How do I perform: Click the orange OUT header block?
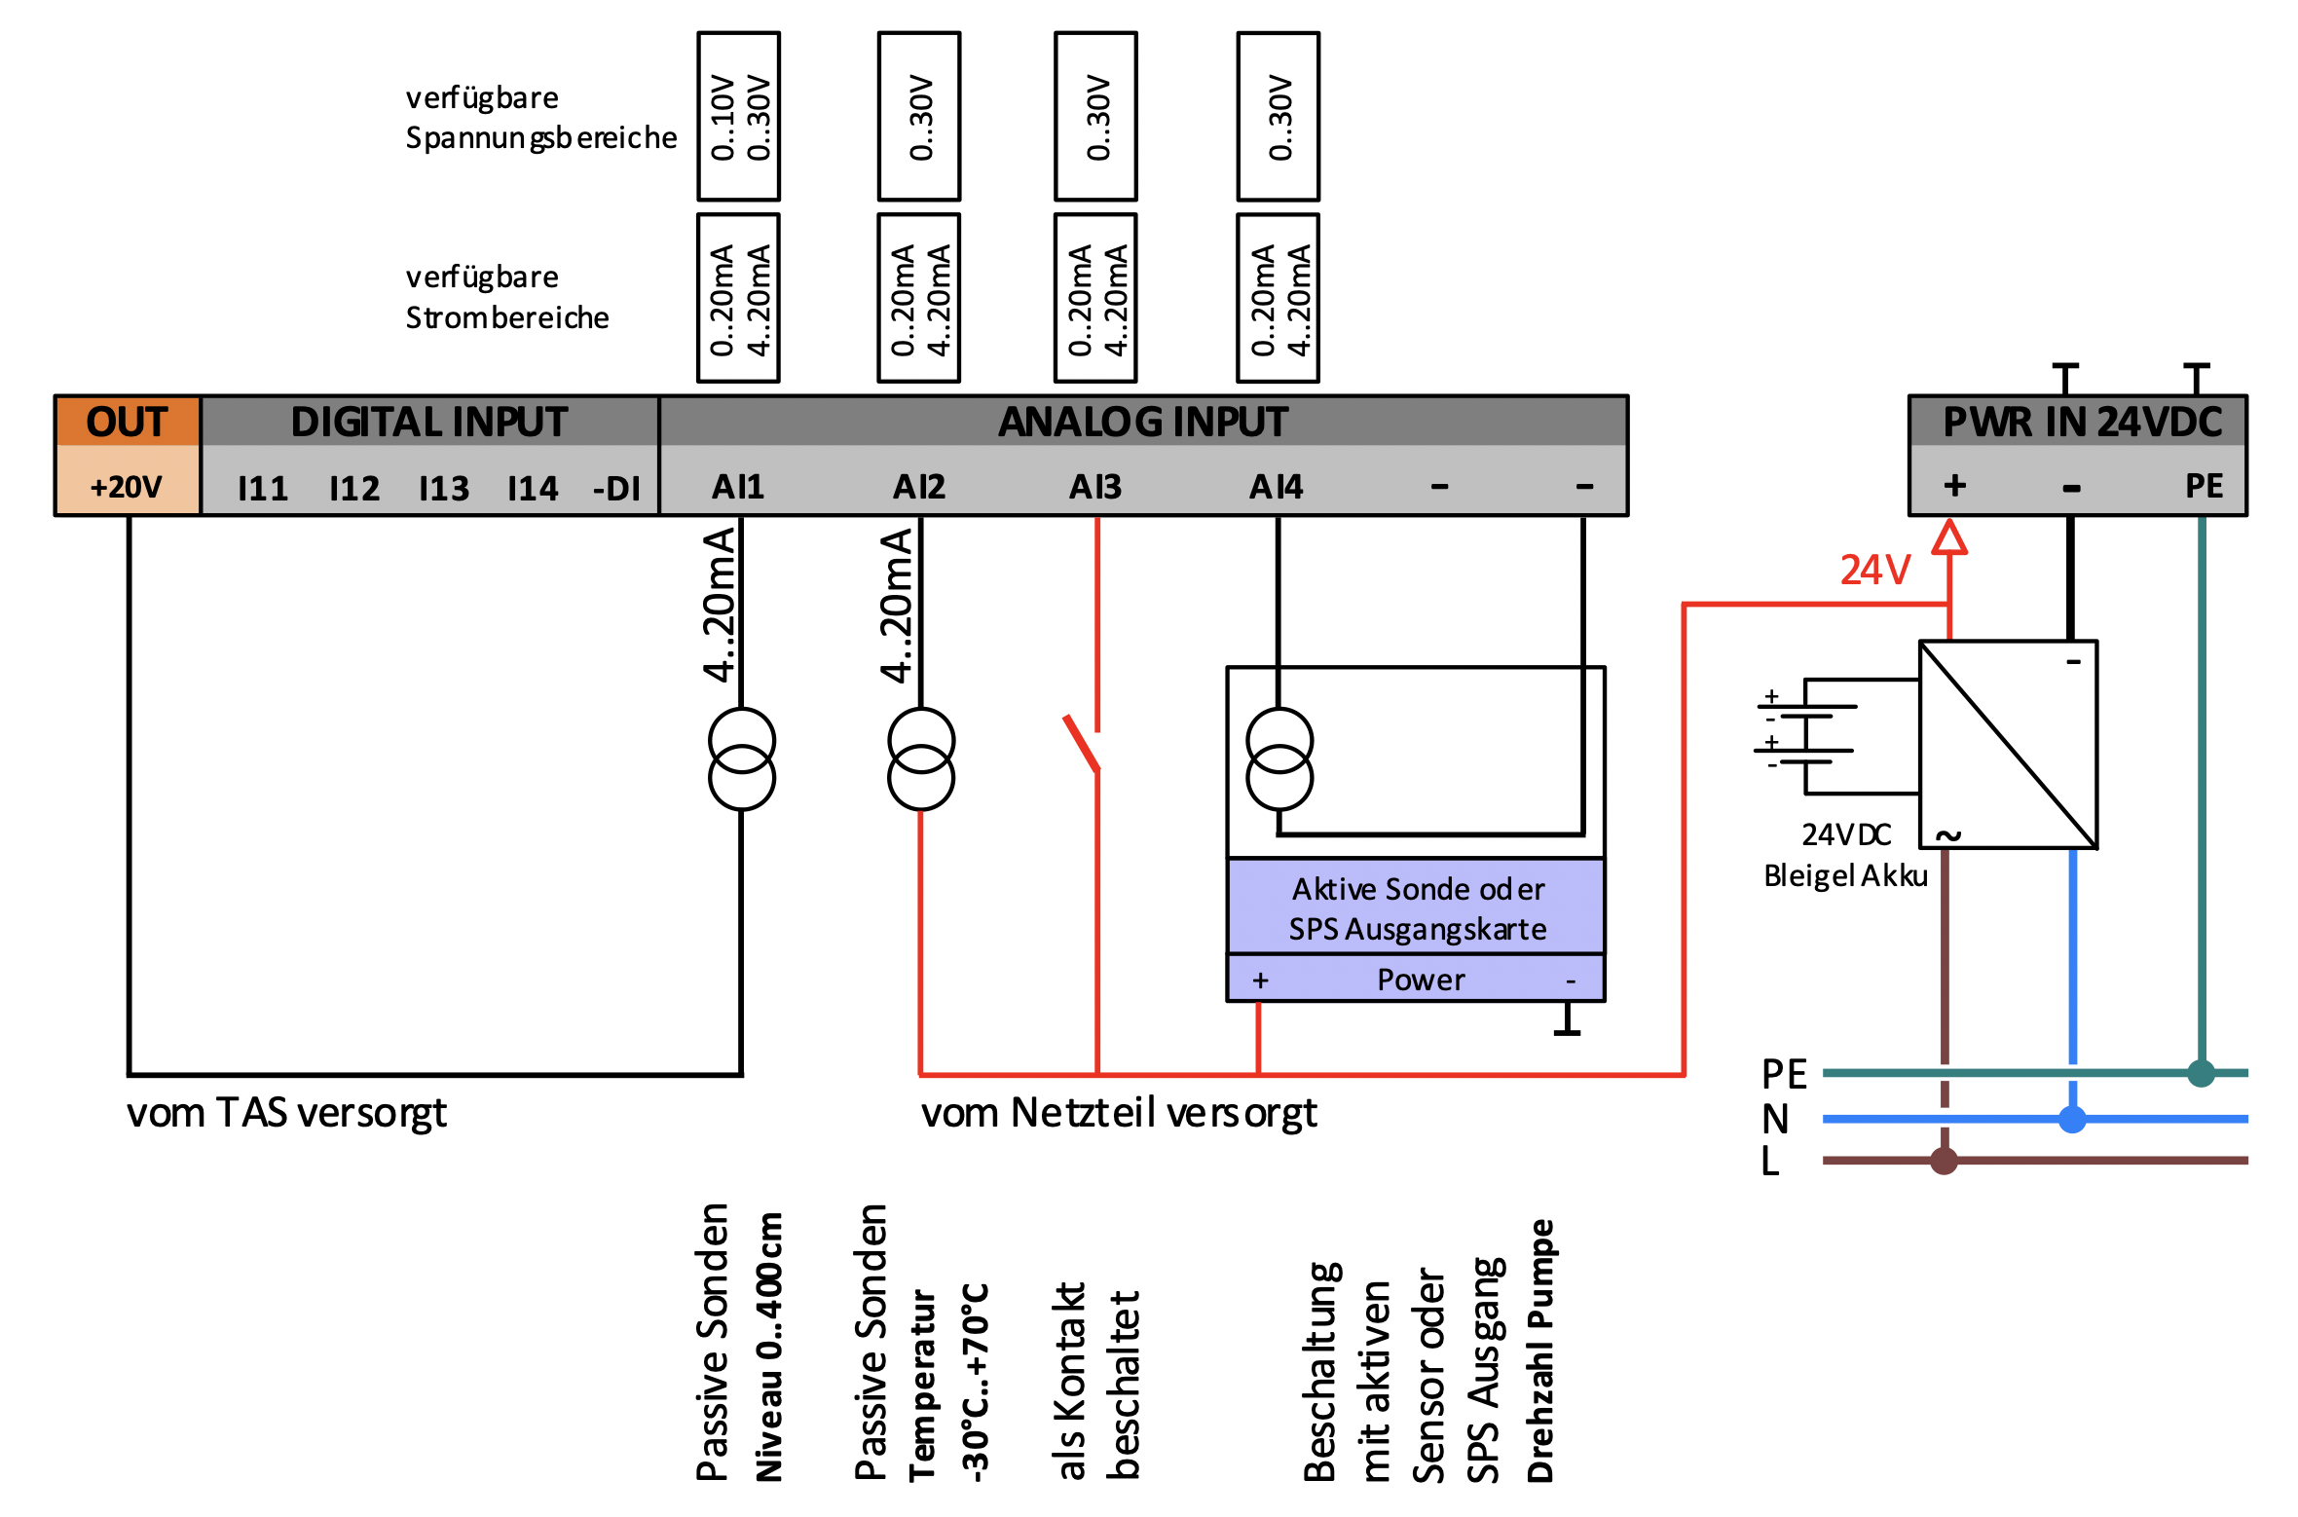tap(128, 422)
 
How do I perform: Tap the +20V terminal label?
tap(127, 487)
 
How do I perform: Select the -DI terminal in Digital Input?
tap(617, 488)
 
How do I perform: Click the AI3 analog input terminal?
tap(1095, 486)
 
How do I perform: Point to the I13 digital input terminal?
tap(444, 488)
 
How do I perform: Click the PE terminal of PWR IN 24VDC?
tap(2205, 486)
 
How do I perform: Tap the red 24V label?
tap(1875, 570)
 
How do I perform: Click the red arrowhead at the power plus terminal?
tap(1949, 536)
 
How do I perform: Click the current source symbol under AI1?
tap(742, 759)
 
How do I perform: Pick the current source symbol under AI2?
tap(921, 759)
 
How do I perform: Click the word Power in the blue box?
tap(1421, 980)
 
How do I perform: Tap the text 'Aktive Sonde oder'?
tap(1419, 889)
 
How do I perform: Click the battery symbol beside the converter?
tap(1805, 735)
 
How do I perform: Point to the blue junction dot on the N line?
tap(2073, 1120)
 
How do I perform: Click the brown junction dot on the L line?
tap(1945, 1161)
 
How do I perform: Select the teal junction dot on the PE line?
tap(2202, 1073)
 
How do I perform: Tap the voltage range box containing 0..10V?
tap(739, 117)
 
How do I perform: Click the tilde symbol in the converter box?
tap(1948, 834)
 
